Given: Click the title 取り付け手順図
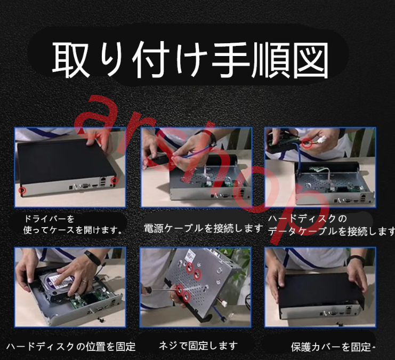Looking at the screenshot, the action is pos(190,60).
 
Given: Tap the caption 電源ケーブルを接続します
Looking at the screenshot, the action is pos(204,228).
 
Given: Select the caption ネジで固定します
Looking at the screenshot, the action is pos(198,346).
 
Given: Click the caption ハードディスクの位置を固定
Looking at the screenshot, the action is pos(71,347).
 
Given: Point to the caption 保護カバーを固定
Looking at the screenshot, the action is pos(331,347).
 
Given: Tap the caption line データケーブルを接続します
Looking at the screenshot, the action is pos(331,231).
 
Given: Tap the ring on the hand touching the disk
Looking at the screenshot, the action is pos(85,281).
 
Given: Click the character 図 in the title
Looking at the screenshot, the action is pos(312,60).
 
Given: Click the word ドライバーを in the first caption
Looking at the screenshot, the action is pos(49,219).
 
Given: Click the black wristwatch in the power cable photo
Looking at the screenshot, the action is pos(211,136).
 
